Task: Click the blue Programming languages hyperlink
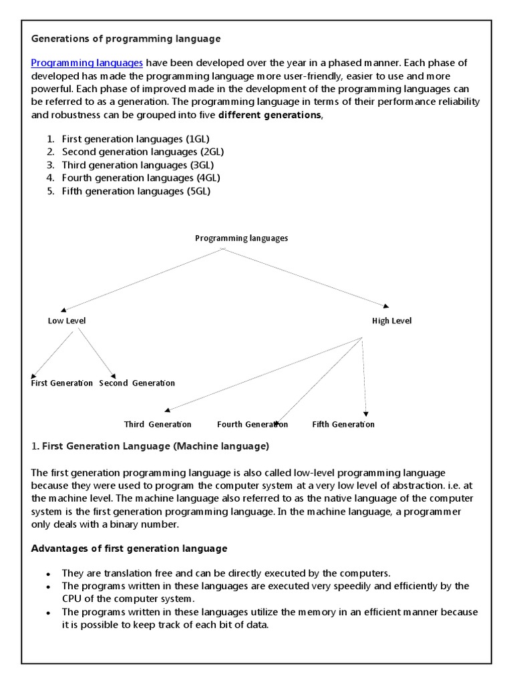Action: coord(87,63)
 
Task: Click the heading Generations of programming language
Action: coord(126,39)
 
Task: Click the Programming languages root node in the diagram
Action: coord(241,238)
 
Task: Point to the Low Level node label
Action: coord(67,321)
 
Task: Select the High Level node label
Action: coord(391,321)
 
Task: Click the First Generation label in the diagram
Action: coord(62,383)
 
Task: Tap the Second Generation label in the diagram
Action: coord(137,383)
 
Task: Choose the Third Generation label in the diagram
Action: coord(158,424)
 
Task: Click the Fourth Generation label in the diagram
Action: coord(252,424)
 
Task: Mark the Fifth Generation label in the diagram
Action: coord(343,424)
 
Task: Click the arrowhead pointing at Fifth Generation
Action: coord(366,414)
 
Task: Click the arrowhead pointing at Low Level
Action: coord(63,310)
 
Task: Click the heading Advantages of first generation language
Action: coord(130,548)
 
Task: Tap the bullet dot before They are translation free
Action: coord(49,574)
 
